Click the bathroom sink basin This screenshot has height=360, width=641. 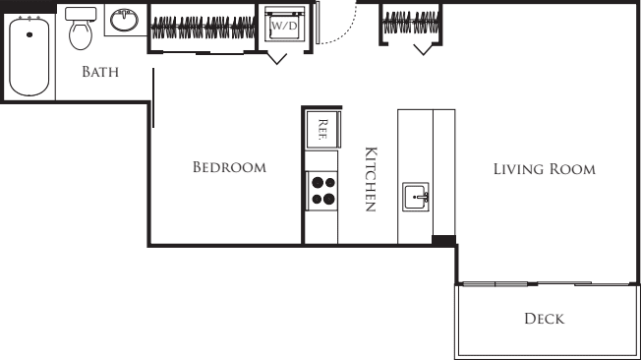point(124,20)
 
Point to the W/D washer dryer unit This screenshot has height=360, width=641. point(284,25)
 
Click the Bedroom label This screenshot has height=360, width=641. point(229,167)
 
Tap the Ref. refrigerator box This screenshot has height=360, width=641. point(322,128)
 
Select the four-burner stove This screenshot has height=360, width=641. point(322,188)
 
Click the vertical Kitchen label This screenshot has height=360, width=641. point(371,179)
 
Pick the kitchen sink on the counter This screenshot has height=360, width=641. point(417,197)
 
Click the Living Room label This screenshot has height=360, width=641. point(544,169)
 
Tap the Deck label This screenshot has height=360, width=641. point(544,319)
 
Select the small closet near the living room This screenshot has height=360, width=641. point(410,24)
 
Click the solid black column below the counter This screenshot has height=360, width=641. point(444,240)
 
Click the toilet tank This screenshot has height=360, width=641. point(80,15)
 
